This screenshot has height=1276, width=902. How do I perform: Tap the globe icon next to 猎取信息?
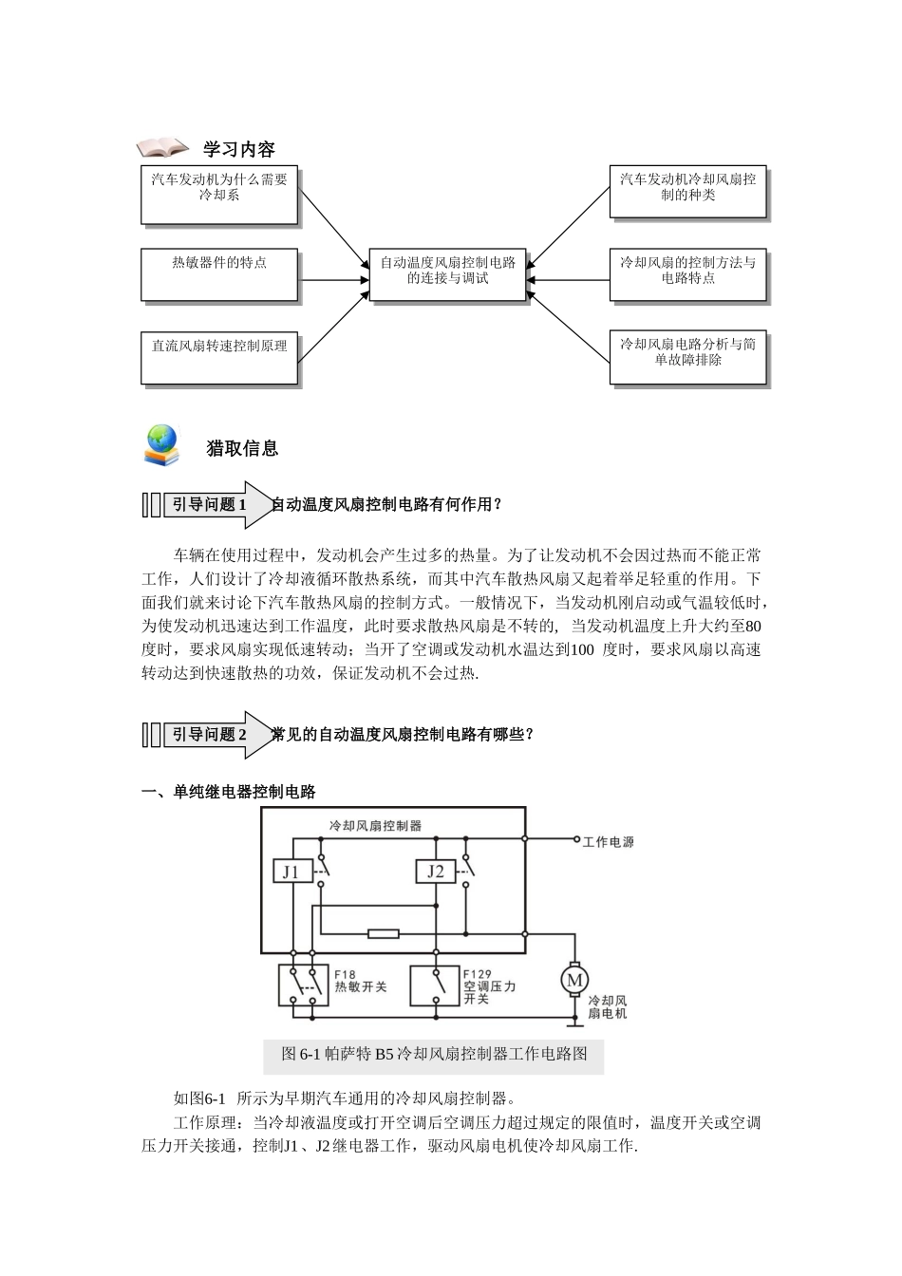tap(161, 444)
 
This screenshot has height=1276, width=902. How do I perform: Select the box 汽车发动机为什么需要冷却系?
tap(219, 196)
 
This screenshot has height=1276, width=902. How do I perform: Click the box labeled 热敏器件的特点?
tap(219, 275)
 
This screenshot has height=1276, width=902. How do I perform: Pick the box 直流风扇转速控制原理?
tap(219, 357)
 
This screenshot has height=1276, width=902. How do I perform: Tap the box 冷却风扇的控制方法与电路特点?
tap(687, 276)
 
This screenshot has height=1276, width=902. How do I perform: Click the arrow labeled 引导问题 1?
tap(211, 505)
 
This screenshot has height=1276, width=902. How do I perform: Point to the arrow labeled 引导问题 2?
tap(211, 735)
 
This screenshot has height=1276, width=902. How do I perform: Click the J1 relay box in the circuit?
tap(291, 872)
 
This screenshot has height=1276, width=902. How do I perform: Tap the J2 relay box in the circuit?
tap(435, 872)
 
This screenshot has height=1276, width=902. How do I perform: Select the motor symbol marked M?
tap(573, 980)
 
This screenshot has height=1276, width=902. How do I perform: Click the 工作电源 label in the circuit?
tap(608, 841)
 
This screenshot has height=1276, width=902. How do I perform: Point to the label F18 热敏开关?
tap(360, 981)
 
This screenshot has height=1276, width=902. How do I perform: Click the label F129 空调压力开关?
tap(489, 986)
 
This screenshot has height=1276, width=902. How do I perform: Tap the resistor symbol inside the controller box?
tap(383, 934)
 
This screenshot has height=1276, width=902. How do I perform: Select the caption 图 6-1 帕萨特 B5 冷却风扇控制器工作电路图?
tap(434, 1054)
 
